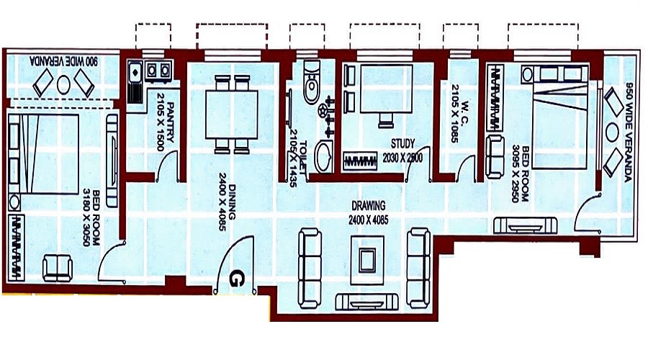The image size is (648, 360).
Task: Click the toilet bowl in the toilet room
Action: pyautogui.click(x=312, y=82)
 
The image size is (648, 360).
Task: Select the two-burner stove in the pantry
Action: pyautogui.click(x=158, y=70)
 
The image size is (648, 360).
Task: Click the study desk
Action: pyautogui.click(x=385, y=87)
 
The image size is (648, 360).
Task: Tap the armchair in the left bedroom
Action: pyautogui.click(x=58, y=269)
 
